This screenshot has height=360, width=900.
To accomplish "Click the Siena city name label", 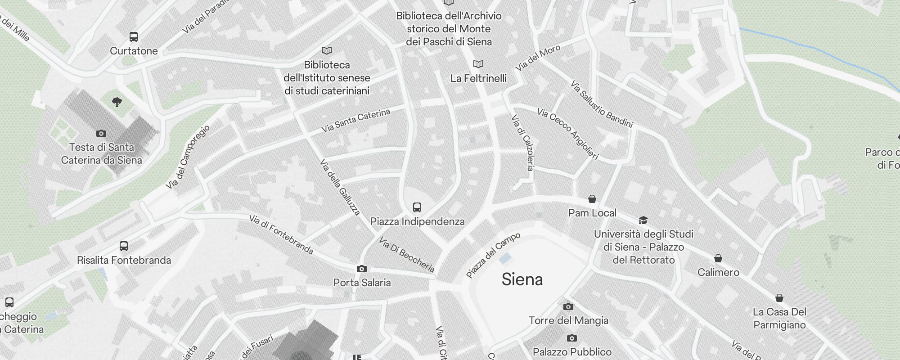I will (x=522, y=279).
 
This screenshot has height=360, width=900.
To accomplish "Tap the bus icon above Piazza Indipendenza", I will (x=417, y=207).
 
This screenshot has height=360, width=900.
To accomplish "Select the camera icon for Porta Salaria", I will (x=361, y=269).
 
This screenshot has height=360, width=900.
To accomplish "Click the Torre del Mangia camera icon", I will (x=568, y=306).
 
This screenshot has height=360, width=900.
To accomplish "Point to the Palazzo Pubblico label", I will (x=572, y=351).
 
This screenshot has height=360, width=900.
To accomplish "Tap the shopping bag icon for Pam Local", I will (x=592, y=199).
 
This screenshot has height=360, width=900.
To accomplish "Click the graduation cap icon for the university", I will (x=643, y=220).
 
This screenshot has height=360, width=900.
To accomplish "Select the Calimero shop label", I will (x=718, y=272).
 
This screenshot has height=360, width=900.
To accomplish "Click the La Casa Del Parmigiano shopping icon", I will (x=779, y=298).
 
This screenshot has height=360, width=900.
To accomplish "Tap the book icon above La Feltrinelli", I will (x=478, y=64).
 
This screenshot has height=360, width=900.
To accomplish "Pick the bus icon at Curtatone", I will (x=134, y=37).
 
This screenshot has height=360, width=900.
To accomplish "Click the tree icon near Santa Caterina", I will (x=117, y=102).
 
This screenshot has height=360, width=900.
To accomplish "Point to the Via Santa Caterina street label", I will (x=355, y=120).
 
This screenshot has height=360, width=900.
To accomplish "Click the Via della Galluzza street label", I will (x=340, y=187).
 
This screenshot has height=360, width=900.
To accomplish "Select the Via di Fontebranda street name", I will (x=281, y=234).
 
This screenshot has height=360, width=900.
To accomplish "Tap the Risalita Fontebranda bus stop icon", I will (x=124, y=246).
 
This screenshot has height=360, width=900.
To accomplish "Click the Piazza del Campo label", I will (x=493, y=255).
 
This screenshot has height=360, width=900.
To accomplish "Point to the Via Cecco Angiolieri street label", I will (x=568, y=134).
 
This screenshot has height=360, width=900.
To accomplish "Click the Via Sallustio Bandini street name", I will (x=601, y=104).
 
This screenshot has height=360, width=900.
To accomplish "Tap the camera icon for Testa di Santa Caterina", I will (x=101, y=133).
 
